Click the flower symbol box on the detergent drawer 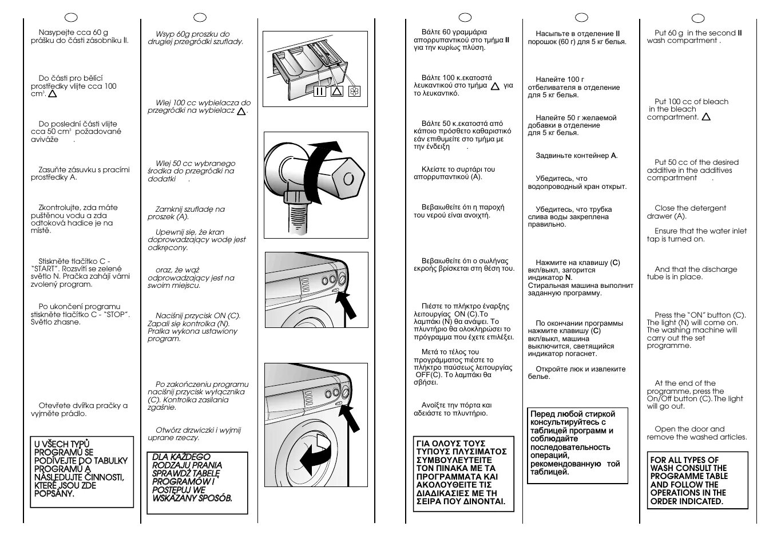click(354, 91)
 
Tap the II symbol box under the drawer click(319, 91)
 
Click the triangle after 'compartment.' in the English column click(706, 117)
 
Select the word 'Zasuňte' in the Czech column click(52, 169)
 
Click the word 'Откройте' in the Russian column click(552, 369)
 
